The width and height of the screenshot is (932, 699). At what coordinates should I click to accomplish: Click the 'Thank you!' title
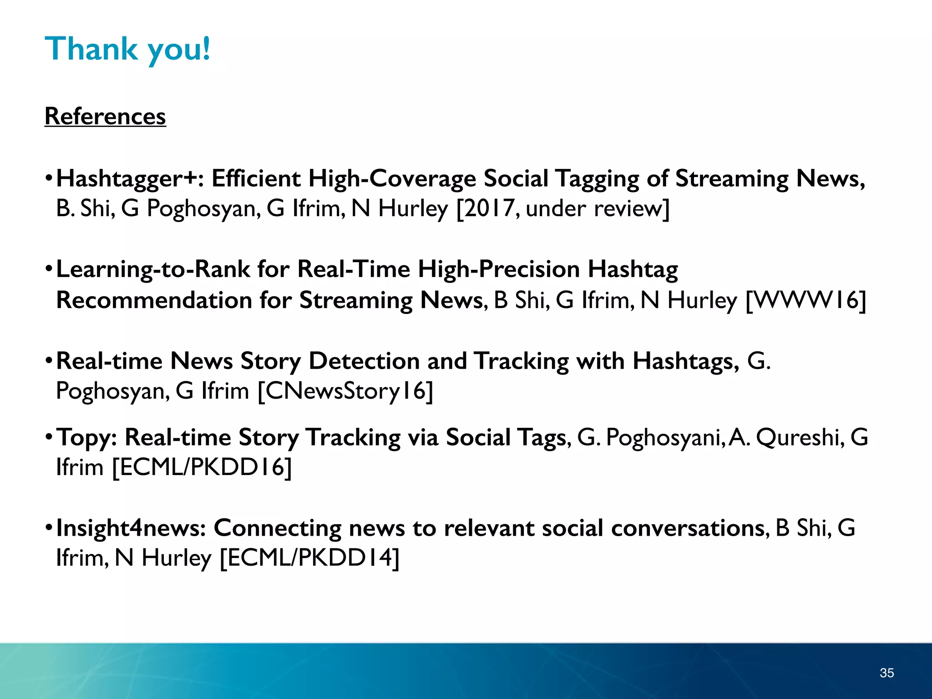pos(127,49)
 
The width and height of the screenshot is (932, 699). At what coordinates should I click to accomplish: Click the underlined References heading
pos(105,116)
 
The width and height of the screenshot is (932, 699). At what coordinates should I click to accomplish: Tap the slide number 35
pos(886,673)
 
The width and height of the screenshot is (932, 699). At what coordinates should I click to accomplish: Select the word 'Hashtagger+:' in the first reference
pos(130,178)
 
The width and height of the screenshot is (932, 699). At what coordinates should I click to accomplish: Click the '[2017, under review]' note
pos(563,209)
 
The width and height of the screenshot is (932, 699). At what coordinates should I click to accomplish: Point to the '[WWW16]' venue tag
pos(806,300)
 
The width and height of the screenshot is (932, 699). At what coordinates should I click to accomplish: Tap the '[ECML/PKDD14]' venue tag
pos(309,558)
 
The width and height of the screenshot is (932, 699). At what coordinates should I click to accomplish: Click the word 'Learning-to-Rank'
pos(153,269)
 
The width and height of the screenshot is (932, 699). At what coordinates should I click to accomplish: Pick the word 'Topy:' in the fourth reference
pos(86,438)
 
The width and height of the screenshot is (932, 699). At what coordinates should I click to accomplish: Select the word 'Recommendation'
pos(154,300)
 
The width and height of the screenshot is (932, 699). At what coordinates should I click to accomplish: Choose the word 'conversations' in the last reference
pos(688,528)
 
